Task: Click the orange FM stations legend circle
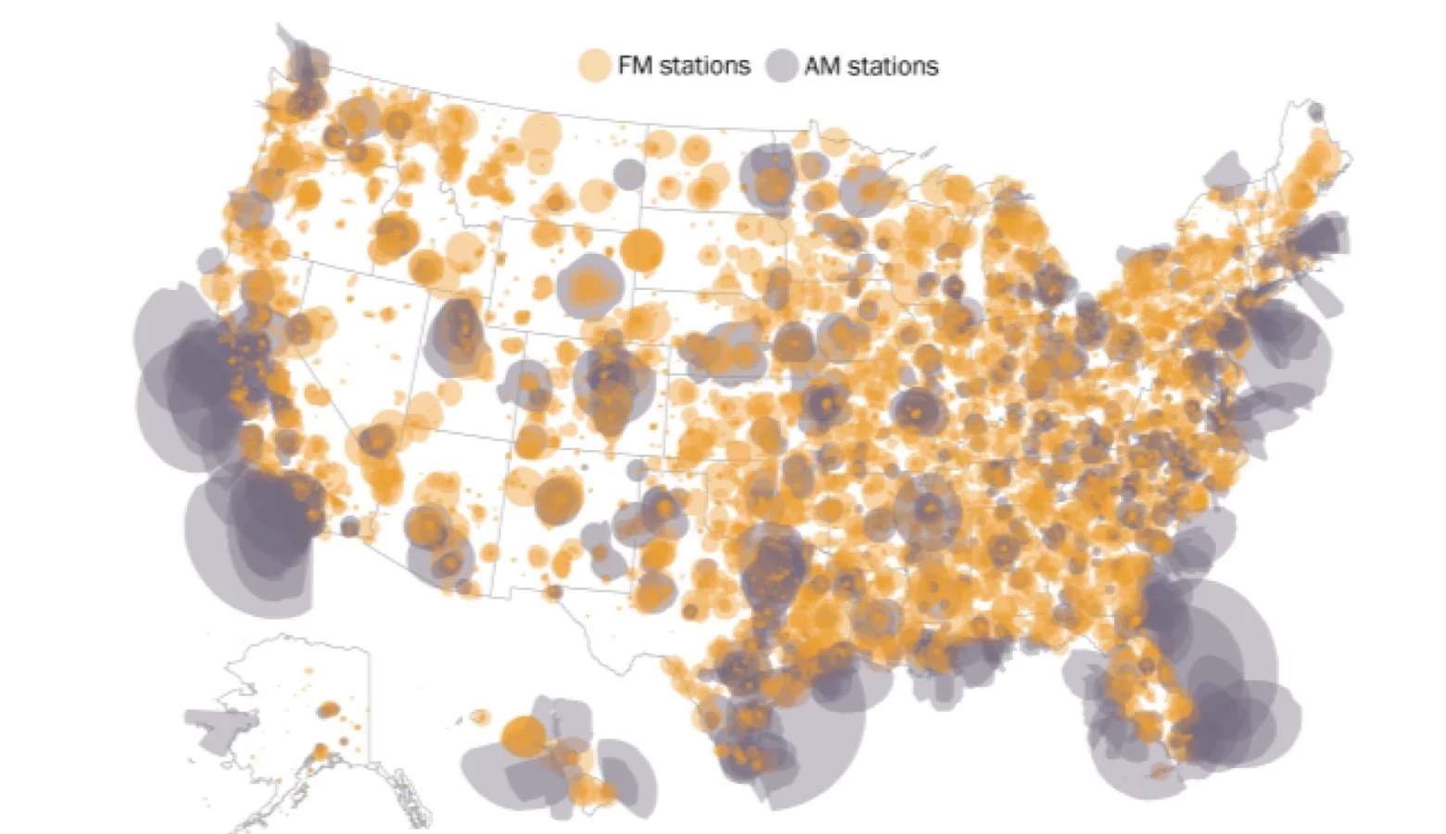coord(594,66)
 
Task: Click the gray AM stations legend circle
coord(781,66)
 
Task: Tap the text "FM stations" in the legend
coord(684,66)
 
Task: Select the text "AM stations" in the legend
coord(871,67)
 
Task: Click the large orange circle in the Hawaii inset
coord(524,737)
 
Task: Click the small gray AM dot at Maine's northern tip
coord(1315,111)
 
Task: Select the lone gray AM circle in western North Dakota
coord(628,174)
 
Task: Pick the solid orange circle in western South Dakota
coord(641,250)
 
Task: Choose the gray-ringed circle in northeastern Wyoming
coord(590,287)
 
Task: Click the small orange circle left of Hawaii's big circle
coord(480,717)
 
